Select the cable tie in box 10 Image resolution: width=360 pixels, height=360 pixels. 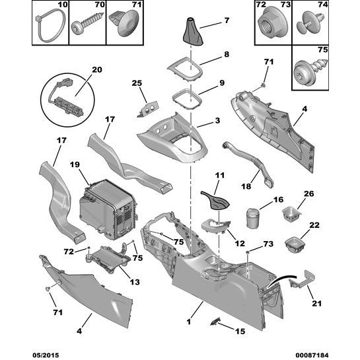pyautogui.click(x=47, y=26)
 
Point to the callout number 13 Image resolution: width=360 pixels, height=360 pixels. pyautogui.click(x=134, y=281)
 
